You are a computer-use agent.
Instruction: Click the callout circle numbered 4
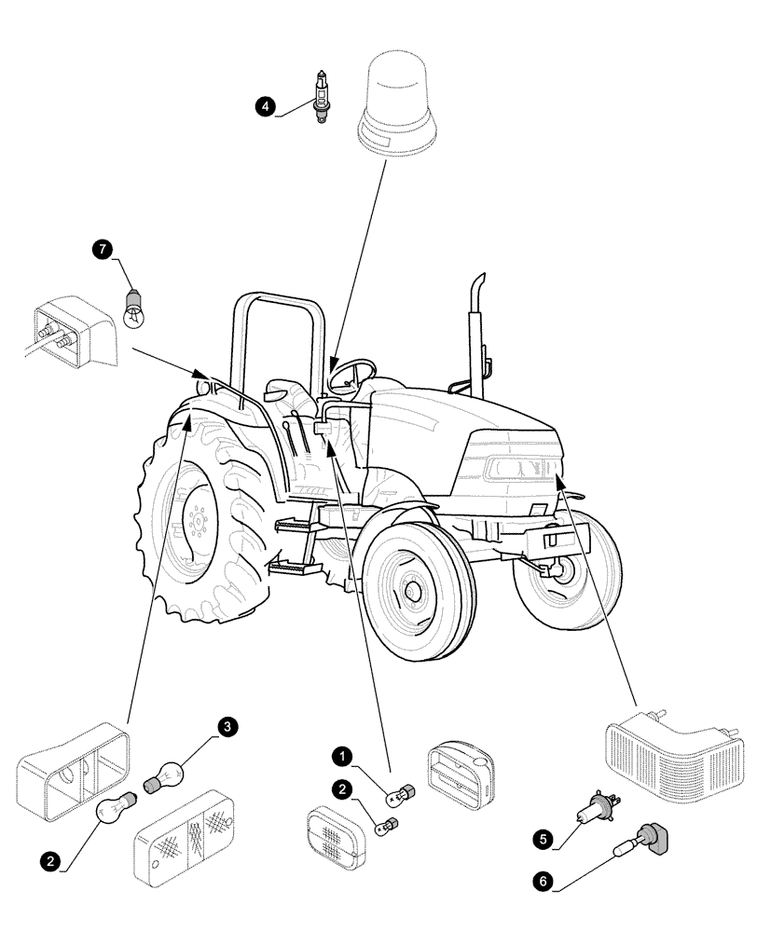(x=268, y=106)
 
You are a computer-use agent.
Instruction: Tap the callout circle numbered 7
(x=102, y=249)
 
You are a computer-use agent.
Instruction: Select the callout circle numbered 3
(x=227, y=726)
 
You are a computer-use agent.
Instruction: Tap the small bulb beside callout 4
(x=323, y=98)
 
